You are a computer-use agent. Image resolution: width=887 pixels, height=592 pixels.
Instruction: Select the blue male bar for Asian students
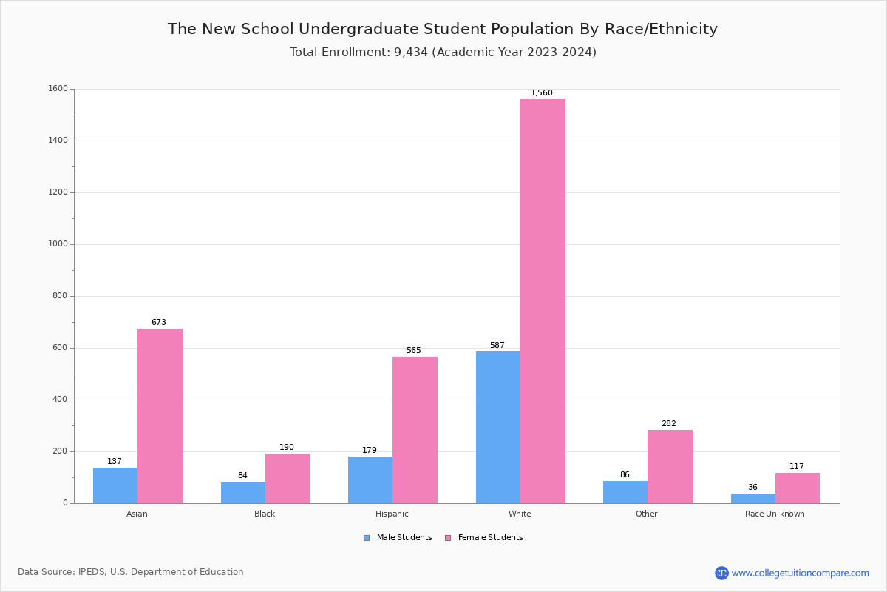[x=115, y=485]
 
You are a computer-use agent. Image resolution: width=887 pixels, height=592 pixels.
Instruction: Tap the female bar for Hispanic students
[x=415, y=430]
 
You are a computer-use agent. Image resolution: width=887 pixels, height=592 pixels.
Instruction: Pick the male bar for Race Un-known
[x=752, y=498]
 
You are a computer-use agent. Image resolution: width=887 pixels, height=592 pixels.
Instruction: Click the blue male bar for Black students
[x=243, y=492]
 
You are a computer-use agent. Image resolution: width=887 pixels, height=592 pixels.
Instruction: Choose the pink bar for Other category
[x=670, y=466]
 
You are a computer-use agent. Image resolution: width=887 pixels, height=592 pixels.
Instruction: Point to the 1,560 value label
[x=541, y=93]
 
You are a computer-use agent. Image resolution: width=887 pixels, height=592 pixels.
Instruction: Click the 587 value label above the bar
[x=497, y=346]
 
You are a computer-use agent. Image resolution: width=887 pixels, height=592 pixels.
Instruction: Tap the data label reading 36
[x=752, y=488]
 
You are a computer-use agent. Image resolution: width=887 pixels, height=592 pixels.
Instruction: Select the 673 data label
[x=159, y=323]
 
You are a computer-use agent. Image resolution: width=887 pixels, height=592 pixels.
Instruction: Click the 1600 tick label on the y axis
[x=58, y=89]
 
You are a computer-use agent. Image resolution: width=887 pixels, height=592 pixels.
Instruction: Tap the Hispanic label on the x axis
[x=392, y=514]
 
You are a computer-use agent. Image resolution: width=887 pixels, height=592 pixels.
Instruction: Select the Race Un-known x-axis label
[x=775, y=514]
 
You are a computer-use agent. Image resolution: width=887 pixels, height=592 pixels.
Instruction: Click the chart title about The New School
[x=443, y=30]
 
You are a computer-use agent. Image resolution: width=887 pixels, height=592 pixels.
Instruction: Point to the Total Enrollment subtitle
[x=443, y=53]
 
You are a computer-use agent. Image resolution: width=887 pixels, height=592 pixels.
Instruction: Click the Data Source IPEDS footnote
[x=131, y=572]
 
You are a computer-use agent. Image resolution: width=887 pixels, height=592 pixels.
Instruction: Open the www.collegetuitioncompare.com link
[x=800, y=573]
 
